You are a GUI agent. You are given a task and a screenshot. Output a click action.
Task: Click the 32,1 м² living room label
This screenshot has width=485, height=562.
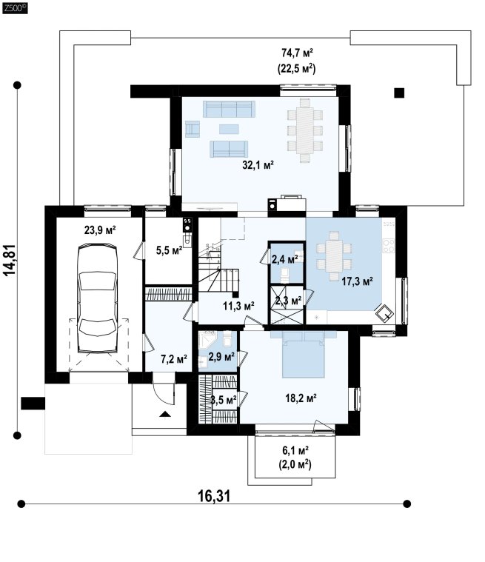click(x=258, y=165)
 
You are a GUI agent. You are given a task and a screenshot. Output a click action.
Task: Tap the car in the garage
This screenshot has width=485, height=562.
click(x=98, y=298)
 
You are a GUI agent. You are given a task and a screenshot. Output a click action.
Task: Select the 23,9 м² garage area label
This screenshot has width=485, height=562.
click(x=100, y=230)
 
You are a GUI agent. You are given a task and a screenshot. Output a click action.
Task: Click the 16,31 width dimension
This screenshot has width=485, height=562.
click(x=214, y=496)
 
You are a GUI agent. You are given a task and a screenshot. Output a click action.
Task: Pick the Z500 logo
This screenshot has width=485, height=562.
click(x=15, y=8)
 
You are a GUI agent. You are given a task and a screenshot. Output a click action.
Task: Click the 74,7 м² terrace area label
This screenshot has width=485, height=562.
click(x=297, y=53)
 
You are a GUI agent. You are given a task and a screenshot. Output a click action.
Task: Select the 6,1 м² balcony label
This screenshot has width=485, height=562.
click(x=295, y=449)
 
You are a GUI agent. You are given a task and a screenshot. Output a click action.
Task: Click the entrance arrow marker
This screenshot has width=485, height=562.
click(x=165, y=415)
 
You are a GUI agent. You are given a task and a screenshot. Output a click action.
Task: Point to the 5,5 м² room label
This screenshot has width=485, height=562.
click(x=169, y=250)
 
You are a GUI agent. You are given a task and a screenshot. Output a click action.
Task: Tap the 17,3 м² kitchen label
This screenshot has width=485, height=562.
click(x=357, y=281)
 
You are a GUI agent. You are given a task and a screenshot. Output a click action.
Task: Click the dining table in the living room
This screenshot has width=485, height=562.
click(x=305, y=130)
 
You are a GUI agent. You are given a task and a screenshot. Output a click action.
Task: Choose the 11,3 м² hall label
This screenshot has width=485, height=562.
click(x=238, y=306)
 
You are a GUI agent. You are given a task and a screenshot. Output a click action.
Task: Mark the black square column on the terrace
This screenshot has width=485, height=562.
click(x=399, y=93)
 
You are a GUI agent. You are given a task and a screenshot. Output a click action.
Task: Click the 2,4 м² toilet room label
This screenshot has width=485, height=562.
click(x=285, y=258)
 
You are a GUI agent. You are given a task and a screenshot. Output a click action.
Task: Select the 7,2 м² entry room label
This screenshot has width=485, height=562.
click(x=174, y=359)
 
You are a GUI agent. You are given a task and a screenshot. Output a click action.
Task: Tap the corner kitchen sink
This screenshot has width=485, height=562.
click(x=384, y=312)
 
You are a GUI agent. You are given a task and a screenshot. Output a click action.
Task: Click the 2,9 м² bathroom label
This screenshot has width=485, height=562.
click(x=221, y=357)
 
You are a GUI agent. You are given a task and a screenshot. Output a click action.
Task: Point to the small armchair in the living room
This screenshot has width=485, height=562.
click(x=193, y=129)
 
